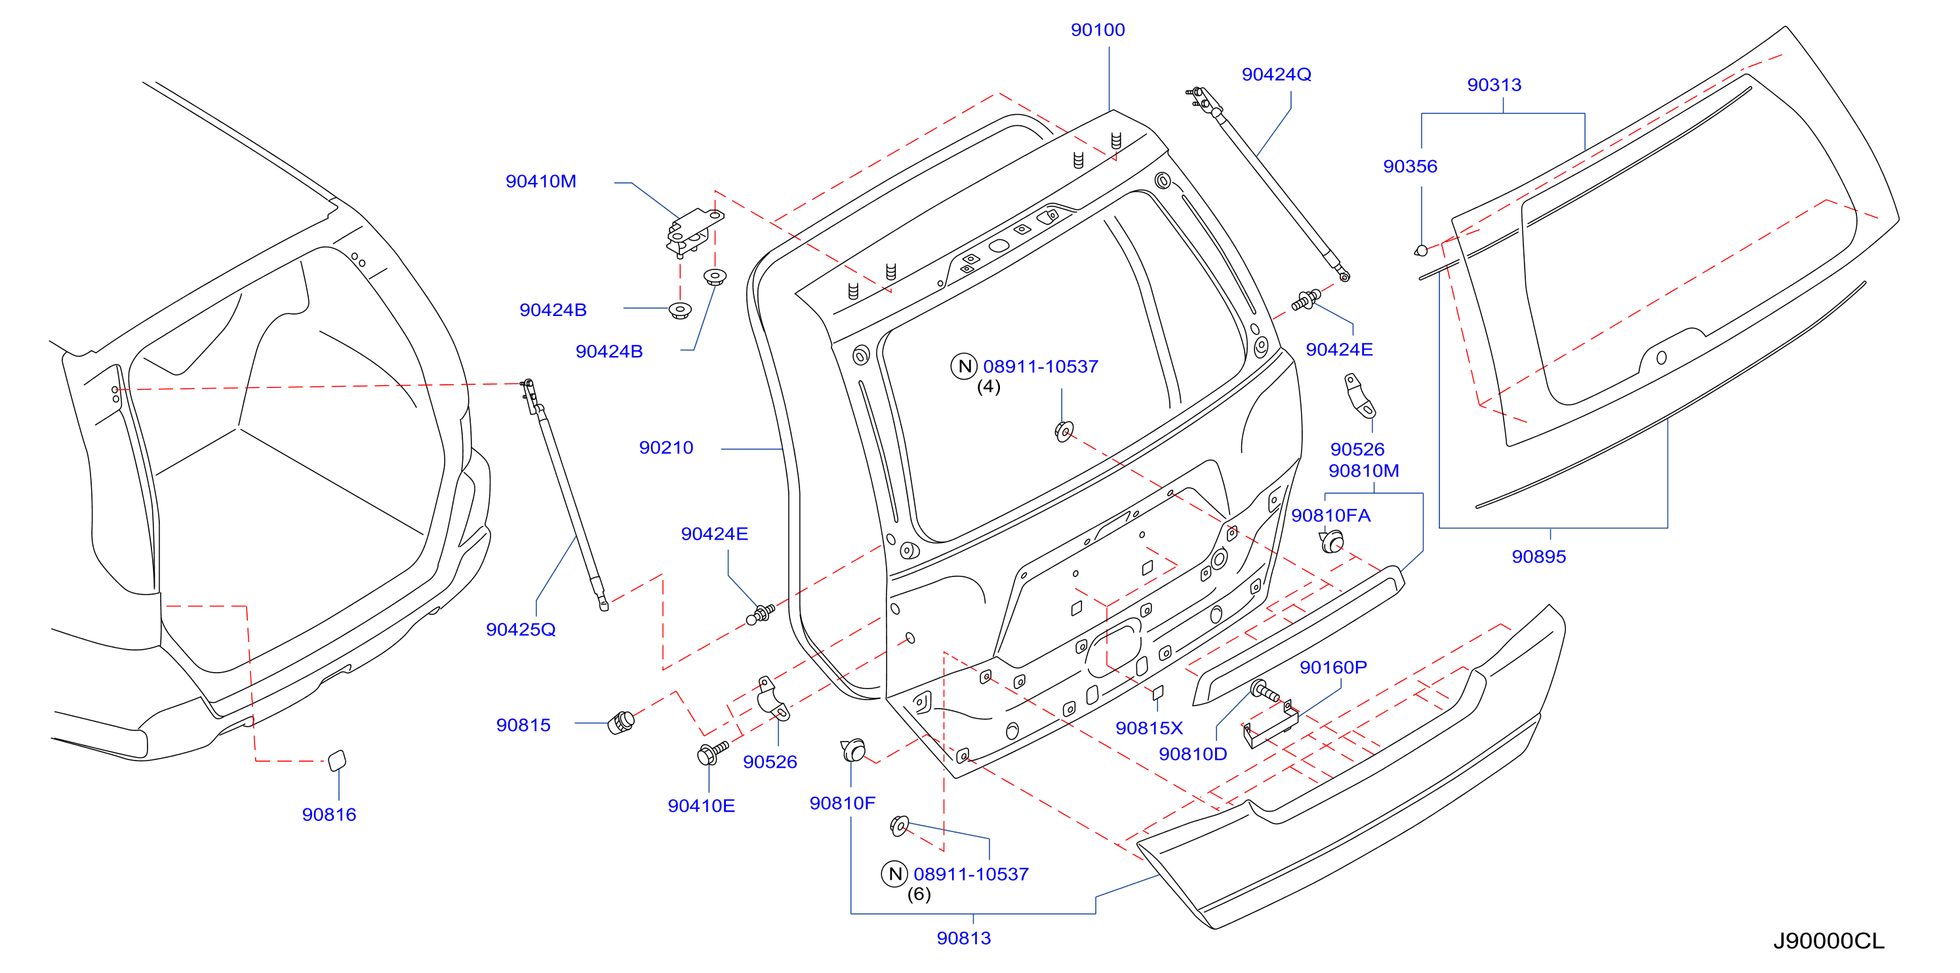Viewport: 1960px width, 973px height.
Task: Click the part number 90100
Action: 1097,30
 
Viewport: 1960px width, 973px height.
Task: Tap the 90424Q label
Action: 1276,75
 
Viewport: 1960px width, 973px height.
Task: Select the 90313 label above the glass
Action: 1494,85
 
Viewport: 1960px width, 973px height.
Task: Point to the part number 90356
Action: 1410,167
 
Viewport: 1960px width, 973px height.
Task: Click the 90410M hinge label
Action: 541,182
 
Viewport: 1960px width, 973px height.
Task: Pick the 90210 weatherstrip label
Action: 666,448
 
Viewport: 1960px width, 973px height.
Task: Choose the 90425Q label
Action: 521,630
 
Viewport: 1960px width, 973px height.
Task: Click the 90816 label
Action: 329,815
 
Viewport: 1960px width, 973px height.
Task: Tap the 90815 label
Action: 523,725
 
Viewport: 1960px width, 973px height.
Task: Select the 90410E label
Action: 701,806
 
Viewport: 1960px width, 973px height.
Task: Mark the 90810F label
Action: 842,803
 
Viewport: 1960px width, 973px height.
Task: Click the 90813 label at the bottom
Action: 963,938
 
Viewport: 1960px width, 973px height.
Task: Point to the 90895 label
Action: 1538,557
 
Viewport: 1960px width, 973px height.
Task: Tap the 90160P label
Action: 1333,668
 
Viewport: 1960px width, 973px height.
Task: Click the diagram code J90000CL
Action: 1828,942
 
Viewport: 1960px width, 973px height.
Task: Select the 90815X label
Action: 1149,729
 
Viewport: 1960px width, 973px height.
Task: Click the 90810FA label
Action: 1330,516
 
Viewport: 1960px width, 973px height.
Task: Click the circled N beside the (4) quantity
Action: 963,366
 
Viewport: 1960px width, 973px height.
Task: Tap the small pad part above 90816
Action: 336,761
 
